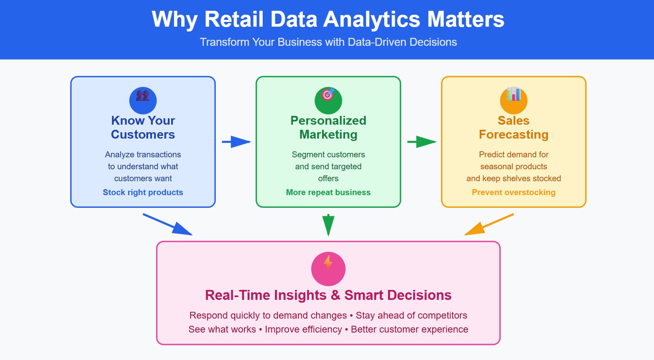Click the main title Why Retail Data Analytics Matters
pyautogui.click(x=328, y=19)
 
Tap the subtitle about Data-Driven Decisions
pyautogui.click(x=328, y=42)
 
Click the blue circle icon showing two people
pyautogui.click(x=143, y=100)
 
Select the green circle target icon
pyautogui.click(x=328, y=100)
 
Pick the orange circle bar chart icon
pyautogui.click(x=513, y=100)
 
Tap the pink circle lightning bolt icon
pyautogui.click(x=328, y=268)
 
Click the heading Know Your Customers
pyautogui.click(x=143, y=127)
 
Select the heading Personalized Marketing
pyautogui.click(x=328, y=127)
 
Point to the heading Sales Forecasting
pyautogui.click(x=513, y=127)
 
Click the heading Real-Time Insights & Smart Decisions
pyautogui.click(x=328, y=295)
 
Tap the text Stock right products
pyautogui.click(x=143, y=192)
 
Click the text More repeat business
pyautogui.click(x=328, y=192)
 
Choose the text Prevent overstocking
pyautogui.click(x=513, y=192)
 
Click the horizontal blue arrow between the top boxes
pyautogui.click(x=236, y=142)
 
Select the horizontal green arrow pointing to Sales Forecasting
pyautogui.click(x=422, y=142)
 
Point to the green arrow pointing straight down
pyautogui.click(x=328, y=224)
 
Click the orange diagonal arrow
pyautogui.click(x=489, y=224)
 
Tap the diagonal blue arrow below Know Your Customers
pyautogui.click(x=168, y=224)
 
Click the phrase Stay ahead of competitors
pyautogui.click(x=411, y=315)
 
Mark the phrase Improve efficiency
pyautogui.click(x=303, y=329)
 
